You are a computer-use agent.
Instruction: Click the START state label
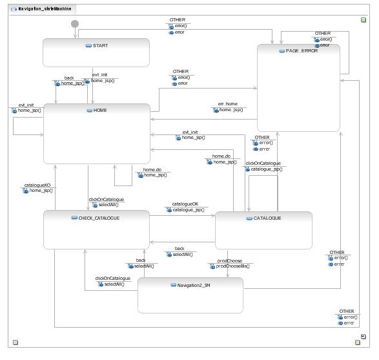pos(100,45)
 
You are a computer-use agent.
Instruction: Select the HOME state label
pos(100,111)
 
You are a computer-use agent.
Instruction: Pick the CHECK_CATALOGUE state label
pos(95,218)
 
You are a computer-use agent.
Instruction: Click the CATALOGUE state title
pos(263,218)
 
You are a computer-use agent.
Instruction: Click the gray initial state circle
pos(75,24)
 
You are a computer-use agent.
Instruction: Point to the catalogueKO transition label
pos(37,185)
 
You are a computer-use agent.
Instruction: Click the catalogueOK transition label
pos(185,204)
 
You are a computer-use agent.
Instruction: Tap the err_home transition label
pos(227,104)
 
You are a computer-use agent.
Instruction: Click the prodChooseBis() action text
pos(232,266)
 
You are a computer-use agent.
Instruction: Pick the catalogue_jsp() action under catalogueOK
pos(189,209)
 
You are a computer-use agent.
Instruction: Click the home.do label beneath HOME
pos(152,169)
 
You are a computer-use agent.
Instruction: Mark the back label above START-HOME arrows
pos(69,78)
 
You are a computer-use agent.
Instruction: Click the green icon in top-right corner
pos(364,20)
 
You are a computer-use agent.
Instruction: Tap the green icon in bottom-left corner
pos(15,342)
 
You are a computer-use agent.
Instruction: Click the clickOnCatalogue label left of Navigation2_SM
pos(112,279)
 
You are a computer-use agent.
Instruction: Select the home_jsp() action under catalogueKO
pos(40,191)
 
